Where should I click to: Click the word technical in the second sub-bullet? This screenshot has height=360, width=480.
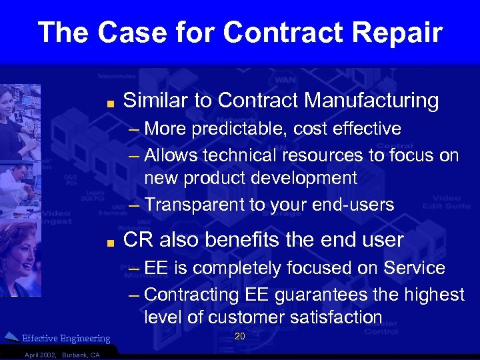(238, 155)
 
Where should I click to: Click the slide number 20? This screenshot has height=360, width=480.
(240, 337)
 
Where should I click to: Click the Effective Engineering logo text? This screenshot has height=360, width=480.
(66, 339)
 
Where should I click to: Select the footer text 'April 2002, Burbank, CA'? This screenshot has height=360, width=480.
(61, 355)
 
